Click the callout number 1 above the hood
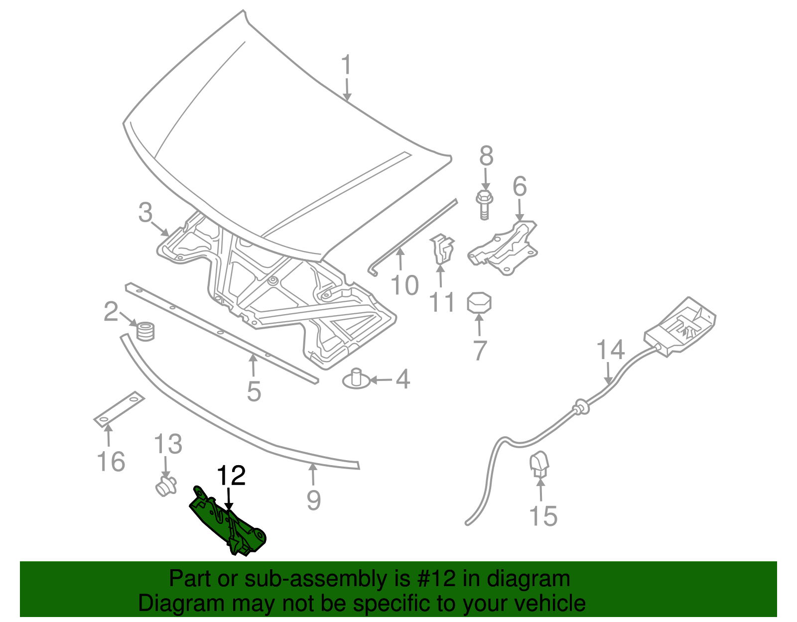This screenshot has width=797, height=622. tap(346, 66)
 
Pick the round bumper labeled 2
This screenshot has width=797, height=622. tap(145, 331)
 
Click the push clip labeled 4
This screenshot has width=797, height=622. tap(356, 379)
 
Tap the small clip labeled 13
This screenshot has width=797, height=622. tap(165, 486)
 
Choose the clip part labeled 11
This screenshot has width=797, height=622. tap(442, 249)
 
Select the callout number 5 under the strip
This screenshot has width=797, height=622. tap(254, 391)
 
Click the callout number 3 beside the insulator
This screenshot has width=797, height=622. tap(145, 213)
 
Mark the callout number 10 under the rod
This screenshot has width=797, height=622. tap(404, 285)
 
